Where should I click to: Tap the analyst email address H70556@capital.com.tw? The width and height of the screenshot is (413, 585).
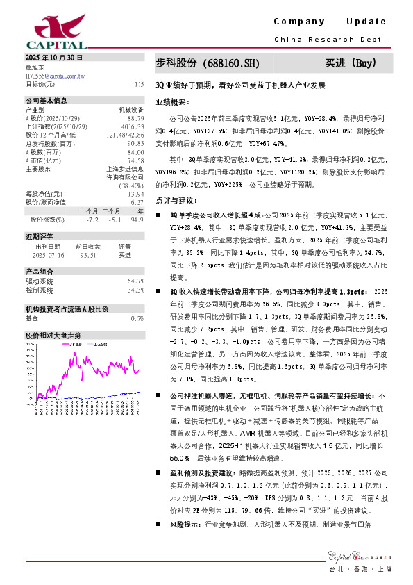tap(55, 76)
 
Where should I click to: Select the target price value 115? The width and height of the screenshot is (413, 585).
tap(139, 83)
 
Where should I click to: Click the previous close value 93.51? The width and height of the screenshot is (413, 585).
tap(87, 255)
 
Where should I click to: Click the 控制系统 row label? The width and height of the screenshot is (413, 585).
tap(40, 290)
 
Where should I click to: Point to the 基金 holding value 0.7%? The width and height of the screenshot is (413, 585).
tap(137, 318)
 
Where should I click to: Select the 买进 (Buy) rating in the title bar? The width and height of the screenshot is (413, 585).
tap(351, 64)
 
